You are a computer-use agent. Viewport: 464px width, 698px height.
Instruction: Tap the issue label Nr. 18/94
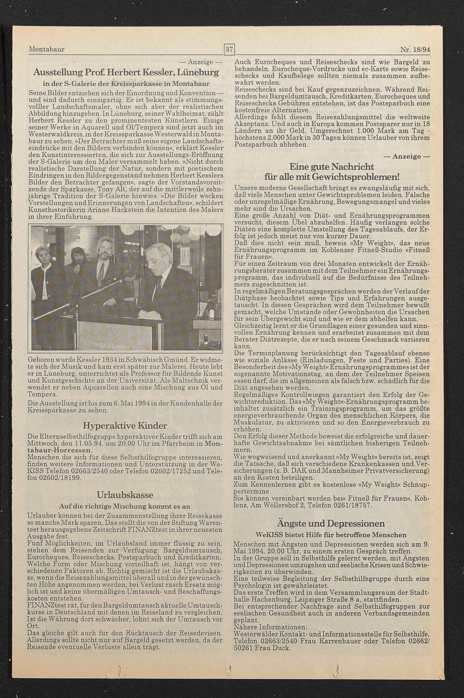click(415, 49)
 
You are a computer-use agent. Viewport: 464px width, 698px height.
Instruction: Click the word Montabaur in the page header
click(46, 49)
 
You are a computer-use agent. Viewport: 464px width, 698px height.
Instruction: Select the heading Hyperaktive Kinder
click(125, 425)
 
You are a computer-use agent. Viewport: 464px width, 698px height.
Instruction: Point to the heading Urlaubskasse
click(125, 495)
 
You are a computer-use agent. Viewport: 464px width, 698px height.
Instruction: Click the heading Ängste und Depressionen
click(331, 523)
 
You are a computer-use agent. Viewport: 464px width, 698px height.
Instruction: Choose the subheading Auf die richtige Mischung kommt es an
click(125, 506)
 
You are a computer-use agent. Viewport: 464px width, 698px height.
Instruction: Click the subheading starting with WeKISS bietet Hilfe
click(331, 535)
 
